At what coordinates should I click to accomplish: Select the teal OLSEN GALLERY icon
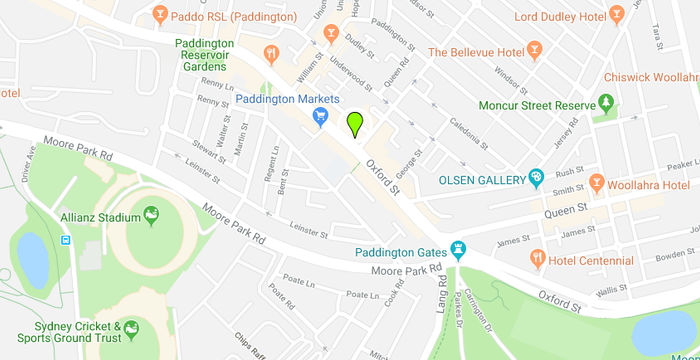point(536,180)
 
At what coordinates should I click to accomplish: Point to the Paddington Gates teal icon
point(459,248)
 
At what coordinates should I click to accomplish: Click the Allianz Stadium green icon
point(151,214)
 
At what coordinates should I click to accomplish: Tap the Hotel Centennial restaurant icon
point(537,260)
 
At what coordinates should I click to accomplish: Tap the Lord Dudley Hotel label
point(561,17)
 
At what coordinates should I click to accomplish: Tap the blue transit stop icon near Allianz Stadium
point(66,240)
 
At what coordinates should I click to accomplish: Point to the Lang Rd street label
point(440,294)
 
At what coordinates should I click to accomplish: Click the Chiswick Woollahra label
point(650,77)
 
